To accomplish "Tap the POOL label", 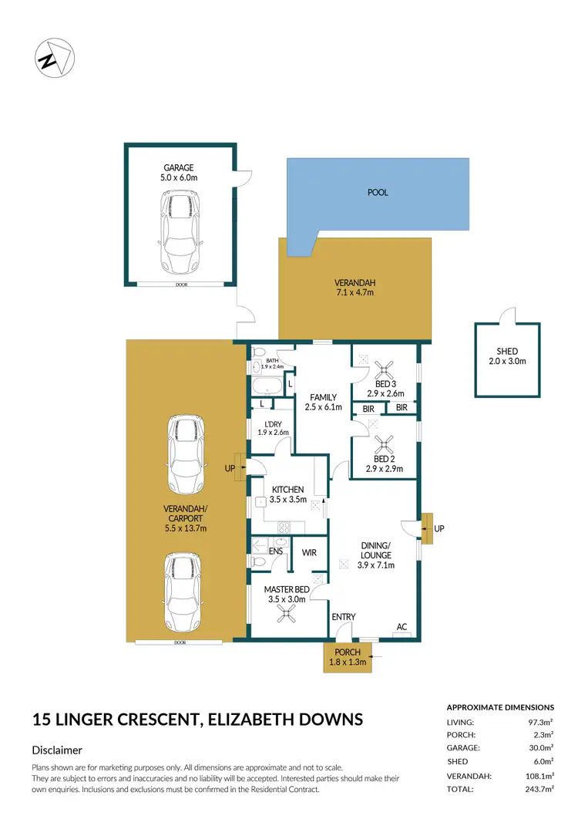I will point(378,193).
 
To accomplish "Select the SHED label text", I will point(508,352).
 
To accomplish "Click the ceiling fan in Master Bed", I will point(287,614).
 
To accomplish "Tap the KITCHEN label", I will point(287,490).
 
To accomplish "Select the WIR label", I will point(309,552).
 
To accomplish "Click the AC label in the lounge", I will point(401,626).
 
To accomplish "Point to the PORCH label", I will point(348,652).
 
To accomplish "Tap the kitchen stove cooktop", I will point(283,528).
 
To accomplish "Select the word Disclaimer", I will point(57,750).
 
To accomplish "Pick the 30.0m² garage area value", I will point(539,747).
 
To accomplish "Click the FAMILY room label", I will point(324,398).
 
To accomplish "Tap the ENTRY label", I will point(344,617).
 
